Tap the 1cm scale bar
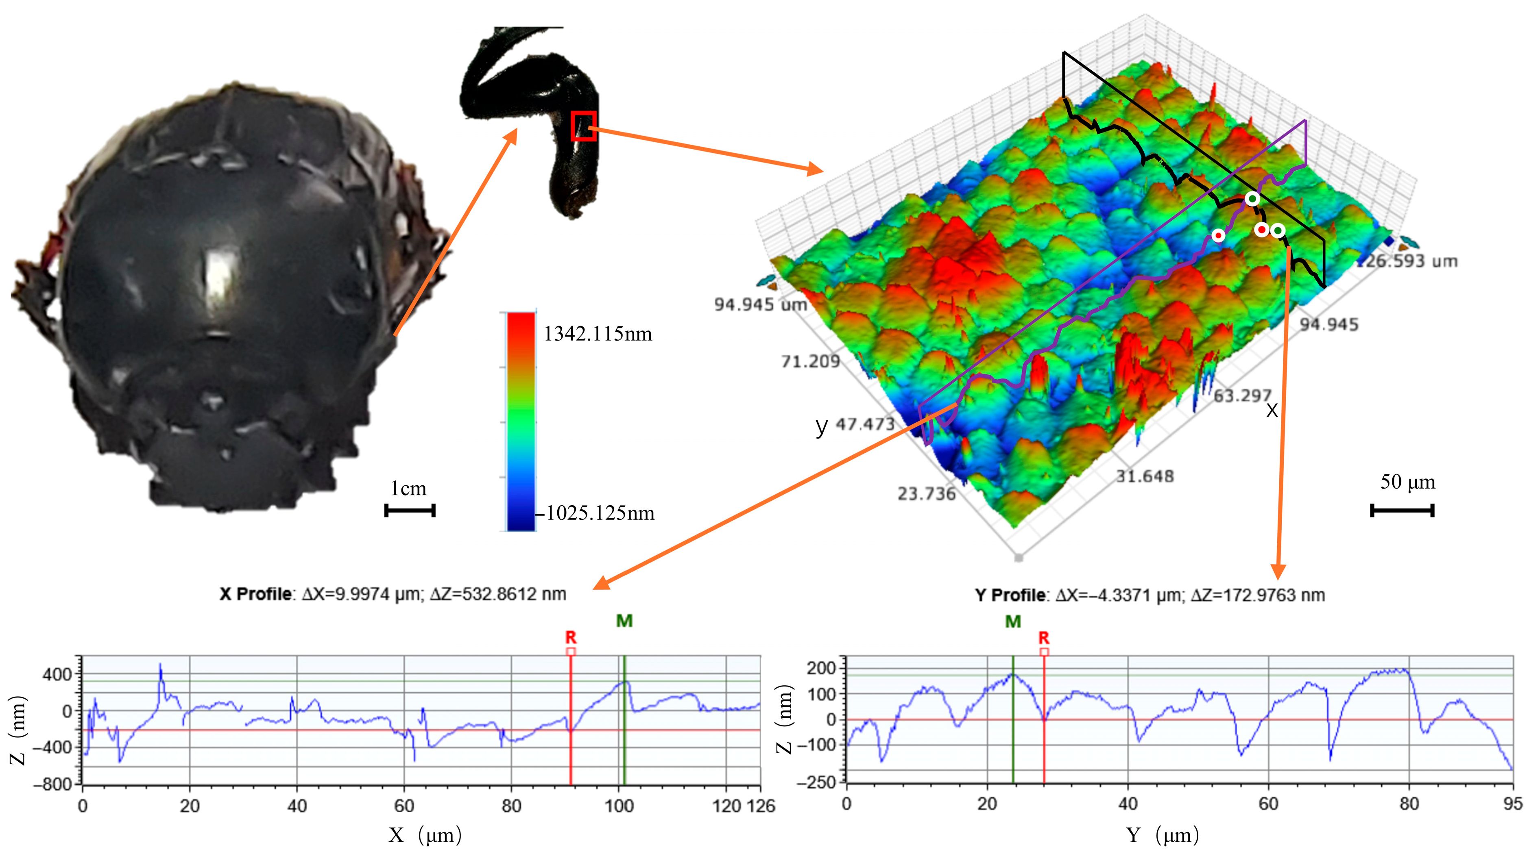tap(410, 510)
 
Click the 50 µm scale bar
tap(1402, 510)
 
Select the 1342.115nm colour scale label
tap(598, 334)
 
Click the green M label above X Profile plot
tap(624, 621)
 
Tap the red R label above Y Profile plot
tap(1043, 638)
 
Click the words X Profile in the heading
tap(255, 594)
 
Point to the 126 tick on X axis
tap(761, 806)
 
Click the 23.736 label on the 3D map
tap(926, 493)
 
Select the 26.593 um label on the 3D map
tap(1410, 261)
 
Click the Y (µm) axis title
tap(1162, 835)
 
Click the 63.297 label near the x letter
tap(1242, 395)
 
